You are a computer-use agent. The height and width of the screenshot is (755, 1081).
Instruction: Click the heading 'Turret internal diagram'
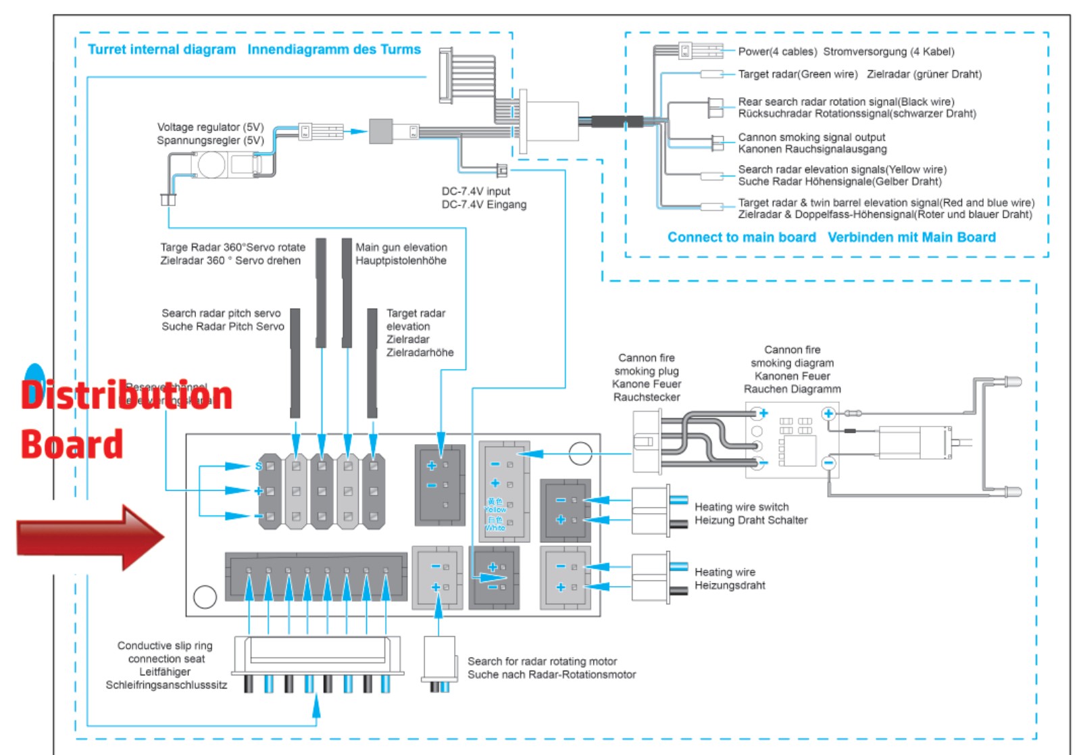coord(161,49)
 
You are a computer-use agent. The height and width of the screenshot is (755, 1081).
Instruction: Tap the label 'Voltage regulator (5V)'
coord(210,127)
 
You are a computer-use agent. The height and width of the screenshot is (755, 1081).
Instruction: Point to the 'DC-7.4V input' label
coord(476,191)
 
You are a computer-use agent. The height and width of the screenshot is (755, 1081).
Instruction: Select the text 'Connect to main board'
coord(741,237)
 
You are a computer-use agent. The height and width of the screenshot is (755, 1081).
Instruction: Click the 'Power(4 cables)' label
coord(777,51)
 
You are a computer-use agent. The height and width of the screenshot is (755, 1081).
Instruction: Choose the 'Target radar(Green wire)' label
coord(797,74)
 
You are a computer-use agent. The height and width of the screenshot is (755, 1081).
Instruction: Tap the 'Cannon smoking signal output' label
coord(811,137)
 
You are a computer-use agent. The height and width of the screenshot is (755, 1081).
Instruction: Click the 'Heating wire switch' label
coord(741,507)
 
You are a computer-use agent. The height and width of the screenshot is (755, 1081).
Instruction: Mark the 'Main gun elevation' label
coord(401,247)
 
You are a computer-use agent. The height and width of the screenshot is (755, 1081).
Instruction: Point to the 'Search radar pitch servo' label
coord(221,313)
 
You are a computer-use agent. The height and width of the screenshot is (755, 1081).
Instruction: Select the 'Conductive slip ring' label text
coord(165,646)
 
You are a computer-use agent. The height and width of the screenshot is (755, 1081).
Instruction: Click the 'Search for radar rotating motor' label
coord(542,661)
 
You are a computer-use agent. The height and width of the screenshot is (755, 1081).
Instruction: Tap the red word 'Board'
coord(72,445)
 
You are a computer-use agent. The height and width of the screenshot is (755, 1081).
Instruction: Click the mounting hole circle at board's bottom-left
coord(205,596)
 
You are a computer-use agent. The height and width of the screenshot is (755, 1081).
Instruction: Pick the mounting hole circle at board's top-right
coord(580,454)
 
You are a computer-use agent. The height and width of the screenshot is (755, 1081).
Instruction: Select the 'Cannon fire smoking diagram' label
coord(792,369)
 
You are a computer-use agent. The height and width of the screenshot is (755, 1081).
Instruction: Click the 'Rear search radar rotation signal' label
coord(846,102)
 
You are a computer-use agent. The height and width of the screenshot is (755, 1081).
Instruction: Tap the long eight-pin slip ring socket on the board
coord(316,577)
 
